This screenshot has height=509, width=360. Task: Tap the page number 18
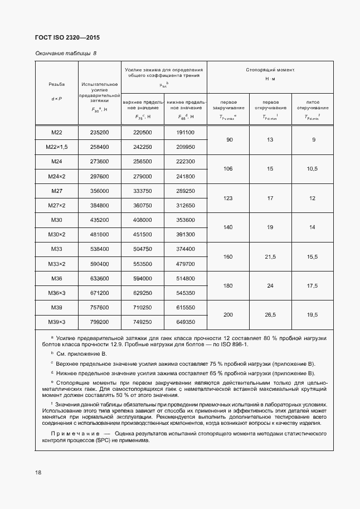click(x=38, y=472)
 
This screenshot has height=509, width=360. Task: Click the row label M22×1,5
click(x=56, y=147)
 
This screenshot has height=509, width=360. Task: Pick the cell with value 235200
click(x=99, y=132)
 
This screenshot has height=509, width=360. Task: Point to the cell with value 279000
click(x=142, y=176)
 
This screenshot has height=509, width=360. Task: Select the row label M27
click(x=56, y=191)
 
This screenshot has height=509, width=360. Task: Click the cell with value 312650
click(x=185, y=205)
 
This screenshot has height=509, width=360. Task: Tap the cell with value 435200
click(x=99, y=220)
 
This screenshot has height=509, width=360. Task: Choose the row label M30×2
click(x=56, y=234)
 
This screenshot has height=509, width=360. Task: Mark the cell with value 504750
click(x=142, y=249)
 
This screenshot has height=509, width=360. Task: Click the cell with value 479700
click(x=185, y=263)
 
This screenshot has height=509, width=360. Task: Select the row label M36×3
click(x=56, y=292)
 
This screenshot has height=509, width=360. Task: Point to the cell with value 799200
click(x=99, y=322)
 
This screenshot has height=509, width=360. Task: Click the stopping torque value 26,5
click(x=270, y=314)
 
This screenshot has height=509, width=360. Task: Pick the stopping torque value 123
click(x=227, y=198)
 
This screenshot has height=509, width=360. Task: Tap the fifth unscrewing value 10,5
click(x=312, y=168)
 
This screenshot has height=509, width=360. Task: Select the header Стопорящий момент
click(x=270, y=70)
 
